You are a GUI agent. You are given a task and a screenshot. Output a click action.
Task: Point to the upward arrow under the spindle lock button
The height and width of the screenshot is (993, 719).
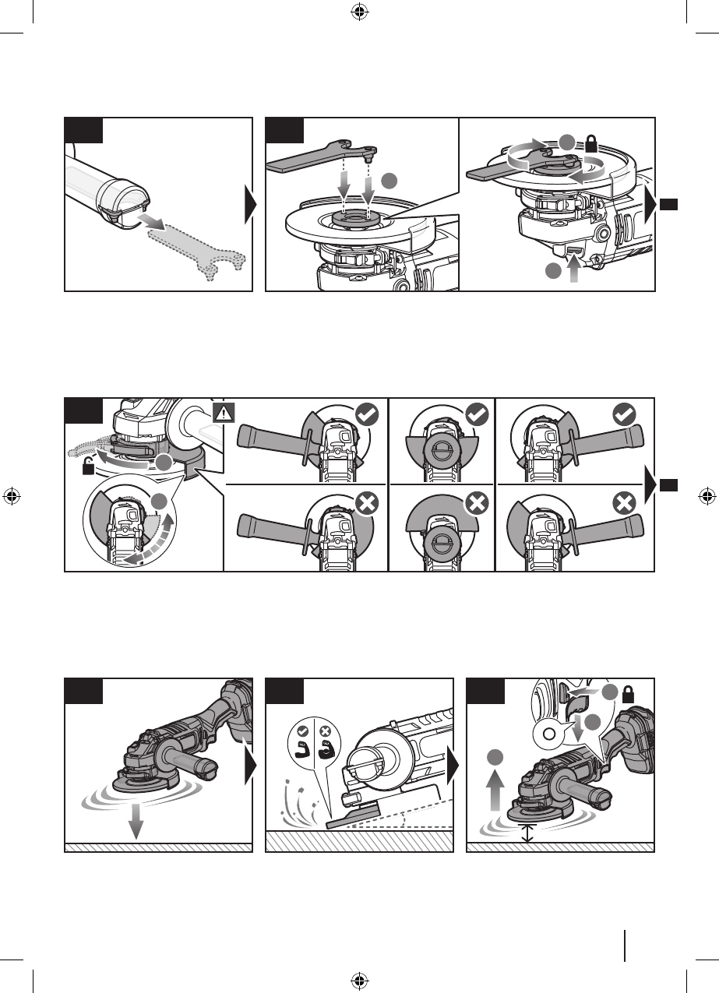click(x=576, y=273)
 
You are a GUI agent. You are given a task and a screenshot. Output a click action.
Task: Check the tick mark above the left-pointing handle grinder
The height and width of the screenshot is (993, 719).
click(x=366, y=414)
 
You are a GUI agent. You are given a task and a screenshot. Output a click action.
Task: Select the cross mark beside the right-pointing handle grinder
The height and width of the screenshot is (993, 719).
click(x=623, y=502)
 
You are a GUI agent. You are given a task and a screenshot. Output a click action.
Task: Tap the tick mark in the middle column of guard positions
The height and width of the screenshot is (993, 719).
click(x=476, y=414)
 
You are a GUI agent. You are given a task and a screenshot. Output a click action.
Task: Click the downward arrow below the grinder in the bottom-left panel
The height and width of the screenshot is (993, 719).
click(x=136, y=821)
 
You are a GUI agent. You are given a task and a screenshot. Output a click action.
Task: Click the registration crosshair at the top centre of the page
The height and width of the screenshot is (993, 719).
click(x=359, y=12)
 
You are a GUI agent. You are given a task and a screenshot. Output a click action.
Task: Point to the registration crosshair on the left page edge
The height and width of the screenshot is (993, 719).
click(x=12, y=495)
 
